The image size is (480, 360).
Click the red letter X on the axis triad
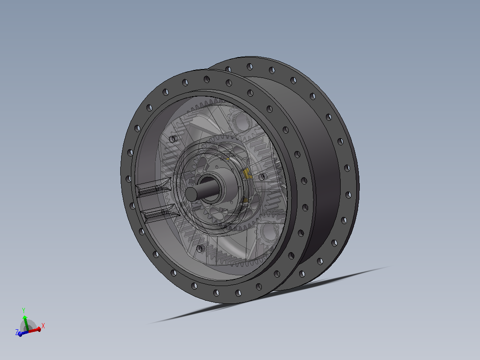[43, 326]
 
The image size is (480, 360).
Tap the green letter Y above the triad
[24, 311]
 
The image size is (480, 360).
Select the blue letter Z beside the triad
[17, 332]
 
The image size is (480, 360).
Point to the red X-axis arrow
[34, 330]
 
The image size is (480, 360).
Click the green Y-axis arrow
[26, 323]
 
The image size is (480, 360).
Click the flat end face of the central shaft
[191, 194]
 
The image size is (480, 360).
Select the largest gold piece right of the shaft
[246, 173]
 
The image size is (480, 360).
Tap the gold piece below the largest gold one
[245, 200]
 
